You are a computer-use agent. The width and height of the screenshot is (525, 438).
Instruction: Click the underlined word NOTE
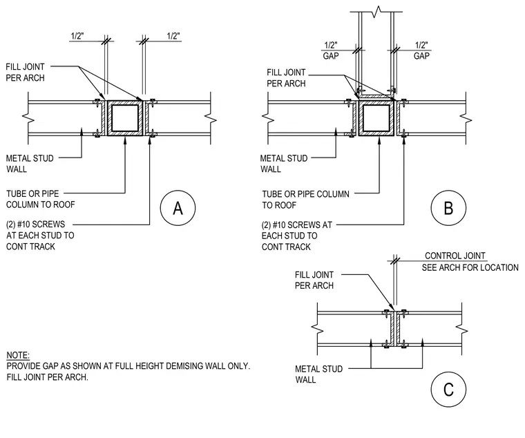pos(18,355)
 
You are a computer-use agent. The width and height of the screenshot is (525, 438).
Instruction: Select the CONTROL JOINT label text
pos(455,256)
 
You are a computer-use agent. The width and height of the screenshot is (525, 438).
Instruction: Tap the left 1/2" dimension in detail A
pos(77,36)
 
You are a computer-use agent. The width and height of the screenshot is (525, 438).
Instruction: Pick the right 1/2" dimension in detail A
pos(173,36)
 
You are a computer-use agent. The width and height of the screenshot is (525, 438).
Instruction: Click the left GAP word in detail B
pos(331,55)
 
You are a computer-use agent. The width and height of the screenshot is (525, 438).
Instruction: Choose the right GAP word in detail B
pos(421,55)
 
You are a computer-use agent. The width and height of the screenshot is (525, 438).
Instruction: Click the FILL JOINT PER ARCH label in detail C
pos(314,280)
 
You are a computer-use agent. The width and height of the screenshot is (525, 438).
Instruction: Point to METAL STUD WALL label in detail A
pos(30,164)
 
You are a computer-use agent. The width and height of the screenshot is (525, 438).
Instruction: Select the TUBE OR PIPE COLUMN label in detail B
pos(306,200)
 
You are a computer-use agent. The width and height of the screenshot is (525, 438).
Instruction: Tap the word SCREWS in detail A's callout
pos(49,224)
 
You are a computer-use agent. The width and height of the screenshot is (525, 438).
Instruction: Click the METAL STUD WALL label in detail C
pos(318,374)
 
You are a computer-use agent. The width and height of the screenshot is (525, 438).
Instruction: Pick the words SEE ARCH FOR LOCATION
pos(470,267)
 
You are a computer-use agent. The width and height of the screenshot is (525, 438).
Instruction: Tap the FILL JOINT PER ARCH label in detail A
pos(25,73)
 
